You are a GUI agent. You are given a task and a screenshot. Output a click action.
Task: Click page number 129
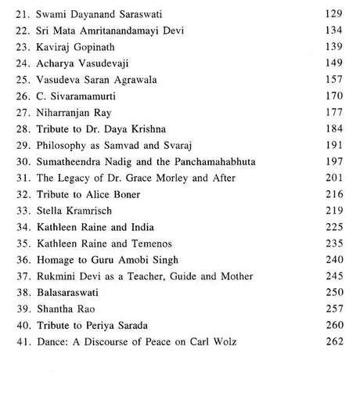(x=333, y=15)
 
